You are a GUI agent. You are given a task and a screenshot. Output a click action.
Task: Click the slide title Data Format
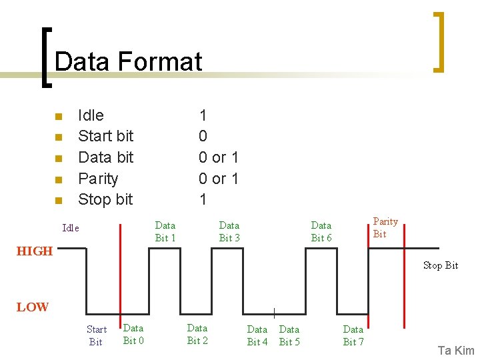click(128, 62)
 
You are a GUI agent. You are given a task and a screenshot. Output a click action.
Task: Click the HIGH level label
click(34, 251)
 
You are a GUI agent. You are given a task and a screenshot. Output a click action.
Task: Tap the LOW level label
click(33, 307)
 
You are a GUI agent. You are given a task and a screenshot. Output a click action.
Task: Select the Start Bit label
click(97, 335)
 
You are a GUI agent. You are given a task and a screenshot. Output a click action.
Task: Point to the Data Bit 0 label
click(133, 334)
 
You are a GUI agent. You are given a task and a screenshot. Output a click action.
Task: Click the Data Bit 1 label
click(165, 231)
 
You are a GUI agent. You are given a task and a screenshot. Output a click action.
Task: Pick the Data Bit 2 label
click(197, 334)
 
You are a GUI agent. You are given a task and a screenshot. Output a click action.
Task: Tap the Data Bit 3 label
click(229, 231)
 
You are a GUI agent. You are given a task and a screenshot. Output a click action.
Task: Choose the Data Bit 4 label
click(257, 335)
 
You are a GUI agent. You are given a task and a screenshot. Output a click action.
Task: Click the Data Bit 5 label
click(289, 335)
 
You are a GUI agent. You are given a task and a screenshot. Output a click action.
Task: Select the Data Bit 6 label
click(321, 231)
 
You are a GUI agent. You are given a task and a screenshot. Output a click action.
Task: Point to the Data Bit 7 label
click(353, 335)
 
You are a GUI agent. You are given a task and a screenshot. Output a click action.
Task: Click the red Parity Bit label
click(385, 227)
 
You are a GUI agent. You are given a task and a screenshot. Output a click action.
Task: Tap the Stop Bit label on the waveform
click(441, 265)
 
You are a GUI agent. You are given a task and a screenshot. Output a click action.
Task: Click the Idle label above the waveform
click(71, 228)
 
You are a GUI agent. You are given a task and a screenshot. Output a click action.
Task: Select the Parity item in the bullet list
click(98, 179)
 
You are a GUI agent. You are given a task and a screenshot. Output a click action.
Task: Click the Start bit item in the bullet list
click(105, 136)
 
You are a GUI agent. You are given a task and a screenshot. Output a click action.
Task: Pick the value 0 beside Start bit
click(203, 136)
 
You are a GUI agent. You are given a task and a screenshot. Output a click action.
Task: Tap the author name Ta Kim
click(456, 351)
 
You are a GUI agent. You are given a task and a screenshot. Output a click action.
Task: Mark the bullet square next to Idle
click(58, 117)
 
